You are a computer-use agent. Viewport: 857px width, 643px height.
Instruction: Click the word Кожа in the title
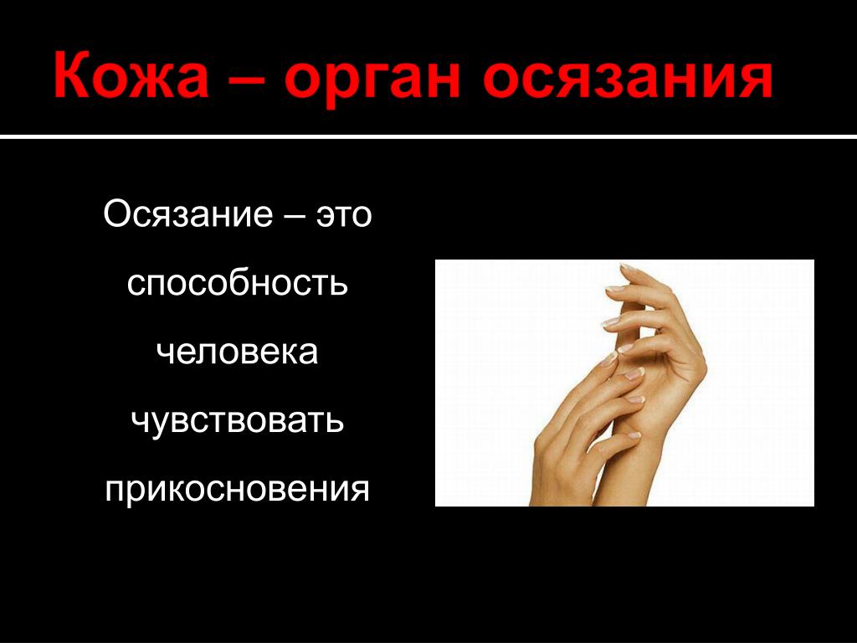(x=131, y=75)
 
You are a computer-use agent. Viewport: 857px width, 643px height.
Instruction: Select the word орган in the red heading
(x=372, y=81)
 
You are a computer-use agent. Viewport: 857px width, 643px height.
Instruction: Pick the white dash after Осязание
(x=295, y=215)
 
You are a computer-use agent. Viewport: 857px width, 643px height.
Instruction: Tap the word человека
(x=237, y=352)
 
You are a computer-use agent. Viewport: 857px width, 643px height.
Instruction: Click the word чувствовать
(x=237, y=422)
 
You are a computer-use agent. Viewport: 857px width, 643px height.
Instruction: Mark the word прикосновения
(x=237, y=489)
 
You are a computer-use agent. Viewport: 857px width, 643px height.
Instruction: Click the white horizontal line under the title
(x=428, y=136)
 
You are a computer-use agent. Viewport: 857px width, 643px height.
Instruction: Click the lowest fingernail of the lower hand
(x=634, y=435)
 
